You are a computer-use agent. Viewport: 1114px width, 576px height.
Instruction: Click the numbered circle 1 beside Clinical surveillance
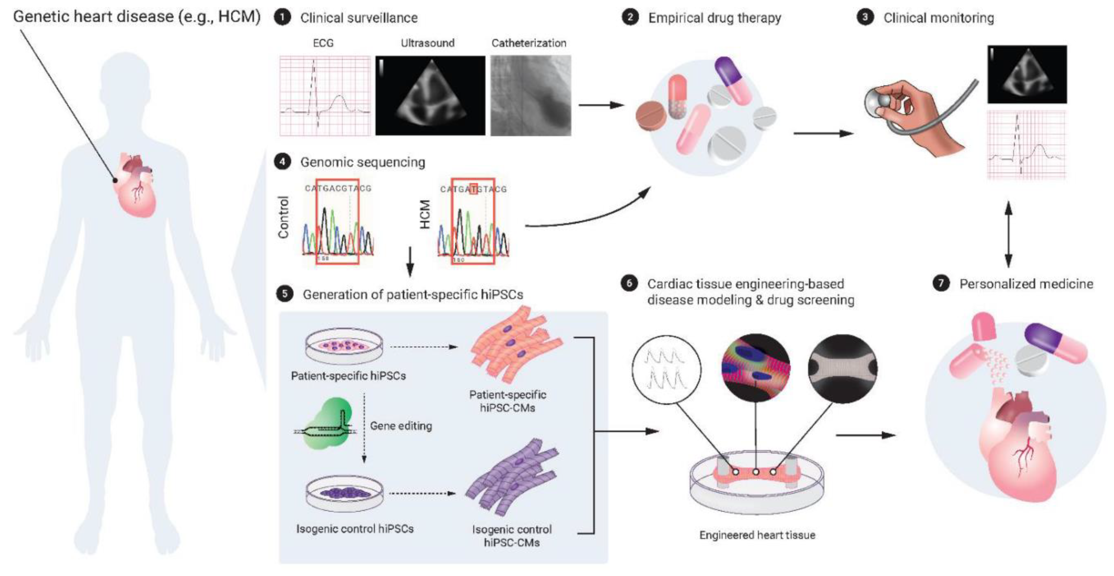tap(283, 18)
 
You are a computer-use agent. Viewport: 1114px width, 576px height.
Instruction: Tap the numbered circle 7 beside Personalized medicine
tap(941, 283)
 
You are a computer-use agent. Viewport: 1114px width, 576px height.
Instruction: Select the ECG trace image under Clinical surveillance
tap(325, 95)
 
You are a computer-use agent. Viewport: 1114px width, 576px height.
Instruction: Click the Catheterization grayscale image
tap(531, 95)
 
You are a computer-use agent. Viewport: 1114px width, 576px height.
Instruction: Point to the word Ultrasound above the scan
tap(427, 43)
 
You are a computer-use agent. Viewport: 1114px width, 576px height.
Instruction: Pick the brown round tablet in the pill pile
tap(651, 116)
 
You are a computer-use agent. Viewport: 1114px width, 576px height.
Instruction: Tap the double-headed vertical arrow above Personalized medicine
tap(1008, 234)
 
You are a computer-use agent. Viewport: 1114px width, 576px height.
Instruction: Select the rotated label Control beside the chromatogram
tap(283, 217)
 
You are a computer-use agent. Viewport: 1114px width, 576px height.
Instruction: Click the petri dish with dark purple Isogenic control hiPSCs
tap(345, 493)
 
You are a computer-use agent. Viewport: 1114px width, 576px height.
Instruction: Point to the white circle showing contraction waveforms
tap(666, 369)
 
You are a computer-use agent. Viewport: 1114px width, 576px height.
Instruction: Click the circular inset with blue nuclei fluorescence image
tap(756, 368)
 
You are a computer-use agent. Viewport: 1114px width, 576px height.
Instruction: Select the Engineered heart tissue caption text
tap(757, 535)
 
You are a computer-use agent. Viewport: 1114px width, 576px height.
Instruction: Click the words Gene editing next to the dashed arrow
tap(401, 426)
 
